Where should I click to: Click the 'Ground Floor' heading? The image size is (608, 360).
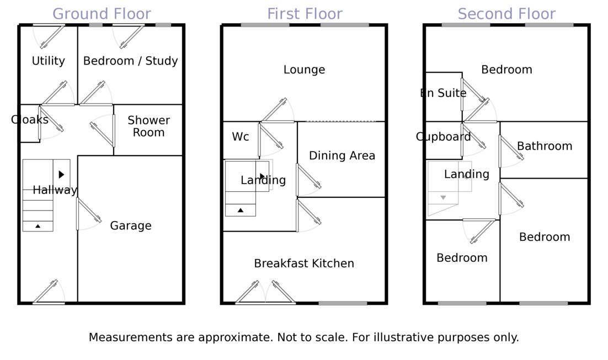(102, 14)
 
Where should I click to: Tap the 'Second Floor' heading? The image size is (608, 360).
(506, 14)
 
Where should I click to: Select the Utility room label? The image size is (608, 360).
(48, 61)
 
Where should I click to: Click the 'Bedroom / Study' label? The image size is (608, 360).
(130, 61)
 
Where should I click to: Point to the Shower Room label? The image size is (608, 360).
(148, 126)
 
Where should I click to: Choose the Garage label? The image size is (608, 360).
(130, 225)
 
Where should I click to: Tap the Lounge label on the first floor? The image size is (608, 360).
(304, 69)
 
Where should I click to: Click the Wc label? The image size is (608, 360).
(240, 137)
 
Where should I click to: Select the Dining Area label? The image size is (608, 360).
(342, 155)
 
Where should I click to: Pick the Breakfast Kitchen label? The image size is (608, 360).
(304, 264)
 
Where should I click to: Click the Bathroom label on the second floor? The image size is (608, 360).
(544, 146)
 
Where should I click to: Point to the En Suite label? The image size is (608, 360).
(443, 93)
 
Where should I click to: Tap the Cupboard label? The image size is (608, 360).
(443, 137)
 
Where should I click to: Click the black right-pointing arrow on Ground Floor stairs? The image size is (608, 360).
(61, 174)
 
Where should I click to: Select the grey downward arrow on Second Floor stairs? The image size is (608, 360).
(442, 197)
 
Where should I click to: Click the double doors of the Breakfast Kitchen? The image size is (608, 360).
(265, 293)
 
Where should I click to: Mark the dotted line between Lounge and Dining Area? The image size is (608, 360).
(340, 121)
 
